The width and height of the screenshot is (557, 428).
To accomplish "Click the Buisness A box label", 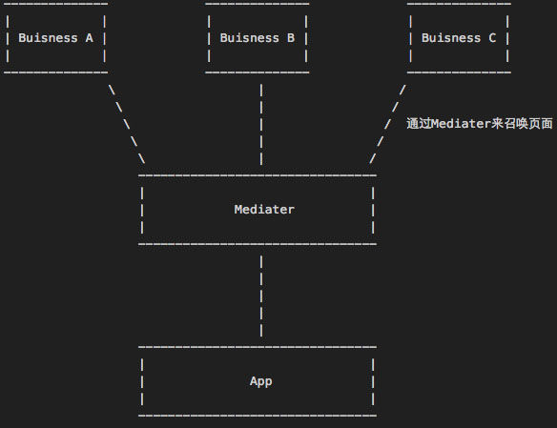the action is (55, 38).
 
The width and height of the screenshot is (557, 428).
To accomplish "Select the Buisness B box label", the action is (258, 38).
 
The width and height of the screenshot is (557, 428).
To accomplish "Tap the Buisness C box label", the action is (459, 38).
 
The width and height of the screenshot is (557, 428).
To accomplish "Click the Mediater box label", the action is (264, 210).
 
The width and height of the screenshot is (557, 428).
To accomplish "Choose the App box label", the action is (260, 381).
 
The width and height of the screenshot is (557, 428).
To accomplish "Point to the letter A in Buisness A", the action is (89, 38).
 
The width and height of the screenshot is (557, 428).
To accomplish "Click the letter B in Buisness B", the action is (291, 38).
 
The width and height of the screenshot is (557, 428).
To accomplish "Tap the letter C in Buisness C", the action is (492, 38).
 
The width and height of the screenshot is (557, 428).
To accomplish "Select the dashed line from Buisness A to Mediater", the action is (127, 124).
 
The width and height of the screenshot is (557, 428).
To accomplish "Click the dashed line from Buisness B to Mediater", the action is (261, 124).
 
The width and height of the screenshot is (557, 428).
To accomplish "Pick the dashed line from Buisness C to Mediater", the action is (387, 124).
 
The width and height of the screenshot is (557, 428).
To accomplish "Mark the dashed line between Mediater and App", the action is (261, 296).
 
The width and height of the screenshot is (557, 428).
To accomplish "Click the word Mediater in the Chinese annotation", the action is (462, 124).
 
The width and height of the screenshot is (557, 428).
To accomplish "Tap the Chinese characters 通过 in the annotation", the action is (419, 124).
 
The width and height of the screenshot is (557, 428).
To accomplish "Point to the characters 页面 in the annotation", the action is (540, 124).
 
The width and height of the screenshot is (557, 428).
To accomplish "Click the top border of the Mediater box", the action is (258, 175).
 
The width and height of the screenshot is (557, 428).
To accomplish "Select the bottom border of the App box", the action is (258, 416).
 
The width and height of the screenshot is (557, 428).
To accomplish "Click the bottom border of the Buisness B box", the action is (258, 72).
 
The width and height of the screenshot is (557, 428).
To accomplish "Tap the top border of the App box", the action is (258, 347).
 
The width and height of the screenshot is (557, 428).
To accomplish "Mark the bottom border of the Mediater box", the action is (258, 244).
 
